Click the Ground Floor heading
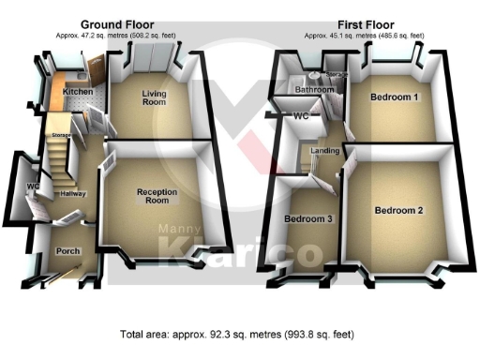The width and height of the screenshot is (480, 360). (117, 24)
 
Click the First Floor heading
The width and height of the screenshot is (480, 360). (367, 24)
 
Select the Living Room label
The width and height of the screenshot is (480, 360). (155, 98)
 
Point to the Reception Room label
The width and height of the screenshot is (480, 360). (157, 196)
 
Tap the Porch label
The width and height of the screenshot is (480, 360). (68, 251)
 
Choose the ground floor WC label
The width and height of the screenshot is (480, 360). (32, 187)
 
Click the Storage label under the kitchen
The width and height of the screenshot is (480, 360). (62, 135)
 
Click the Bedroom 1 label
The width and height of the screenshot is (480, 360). (394, 97)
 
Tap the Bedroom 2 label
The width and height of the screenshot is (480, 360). (398, 211)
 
